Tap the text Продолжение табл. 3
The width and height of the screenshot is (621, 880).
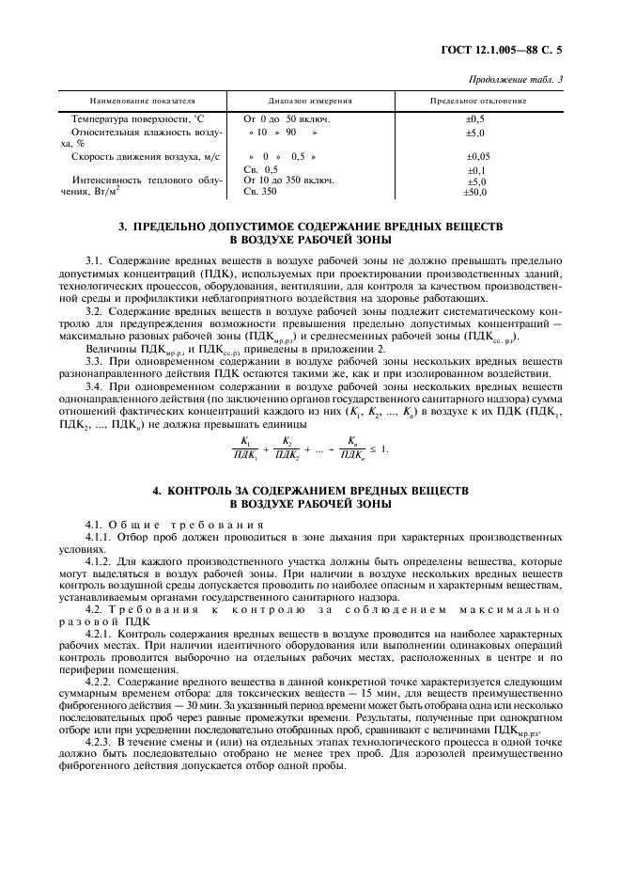click(x=516, y=80)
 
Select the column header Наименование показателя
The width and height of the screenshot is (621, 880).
click(x=141, y=100)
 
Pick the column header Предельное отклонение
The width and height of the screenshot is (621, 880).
click(x=477, y=100)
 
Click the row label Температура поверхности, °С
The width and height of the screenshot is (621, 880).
click(x=132, y=119)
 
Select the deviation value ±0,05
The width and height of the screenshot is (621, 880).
click(x=477, y=156)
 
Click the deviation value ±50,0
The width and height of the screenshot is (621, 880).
click(x=476, y=192)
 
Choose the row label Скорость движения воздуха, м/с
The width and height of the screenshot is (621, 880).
click(x=145, y=156)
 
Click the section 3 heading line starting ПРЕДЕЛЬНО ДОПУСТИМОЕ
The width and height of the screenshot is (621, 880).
click(x=309, y=228)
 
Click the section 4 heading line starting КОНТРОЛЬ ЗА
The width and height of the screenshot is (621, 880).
click(x=309, y=491)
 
